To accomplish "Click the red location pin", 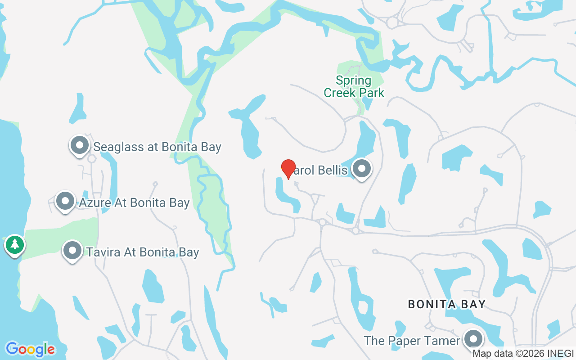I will tap(288, 169).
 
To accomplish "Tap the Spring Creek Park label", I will tap(354, 87).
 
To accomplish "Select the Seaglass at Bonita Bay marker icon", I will tap(80, 146).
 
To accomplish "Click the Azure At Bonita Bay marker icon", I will tap(65, 201).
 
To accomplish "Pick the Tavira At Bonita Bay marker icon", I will tap(72, 251).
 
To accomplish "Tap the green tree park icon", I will tap(15, 245).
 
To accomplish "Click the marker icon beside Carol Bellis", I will tap(361, 169).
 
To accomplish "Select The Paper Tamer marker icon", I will tap(473, 339).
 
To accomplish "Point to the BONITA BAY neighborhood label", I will tap(446, 305).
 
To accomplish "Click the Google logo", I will tap(30, 349).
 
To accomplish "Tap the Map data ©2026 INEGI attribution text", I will tap(523, 354).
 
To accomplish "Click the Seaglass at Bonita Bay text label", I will tap(157, 147).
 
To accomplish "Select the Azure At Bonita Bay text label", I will tap(134, 203).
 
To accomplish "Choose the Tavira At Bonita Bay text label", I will tap(143, 252).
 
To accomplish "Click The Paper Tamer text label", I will tap(412, 341).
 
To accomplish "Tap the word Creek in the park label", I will tap(341, 93).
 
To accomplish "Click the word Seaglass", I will tap(115, 147).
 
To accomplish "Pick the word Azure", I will tap(95, 203).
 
